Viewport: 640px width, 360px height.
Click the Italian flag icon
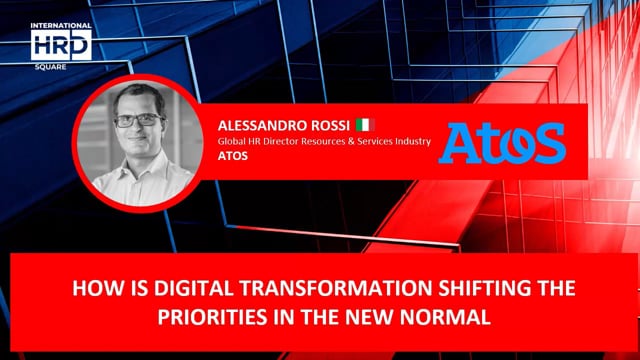[x=364, y=125]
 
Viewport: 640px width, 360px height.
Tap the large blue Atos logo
[x=504, y=144]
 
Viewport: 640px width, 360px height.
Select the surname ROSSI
[x=331, y=126]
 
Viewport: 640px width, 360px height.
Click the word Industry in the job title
[x=410, y=142]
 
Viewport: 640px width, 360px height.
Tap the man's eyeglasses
[x=138, y=120]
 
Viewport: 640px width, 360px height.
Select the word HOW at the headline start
[x=91, y=289]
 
